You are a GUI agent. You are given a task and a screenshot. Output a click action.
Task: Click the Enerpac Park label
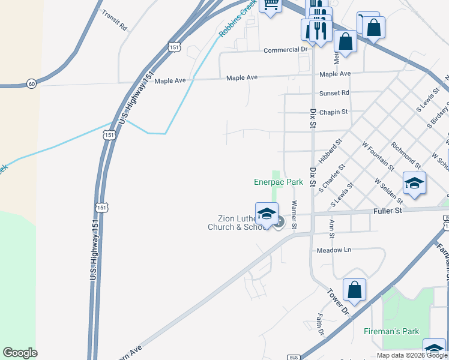(277, 181)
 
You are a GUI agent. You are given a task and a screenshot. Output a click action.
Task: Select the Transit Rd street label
(115, 20)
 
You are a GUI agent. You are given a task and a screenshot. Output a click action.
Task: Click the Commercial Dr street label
(285, 50)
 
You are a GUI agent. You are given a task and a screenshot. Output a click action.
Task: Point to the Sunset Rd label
(334, 93)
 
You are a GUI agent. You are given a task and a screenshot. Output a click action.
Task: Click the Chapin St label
(334, 112)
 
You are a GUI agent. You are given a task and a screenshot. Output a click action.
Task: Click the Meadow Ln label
(333, 250)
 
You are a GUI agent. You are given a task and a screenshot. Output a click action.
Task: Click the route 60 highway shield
(31, 83)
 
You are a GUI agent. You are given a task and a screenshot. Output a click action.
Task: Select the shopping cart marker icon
(271, 5)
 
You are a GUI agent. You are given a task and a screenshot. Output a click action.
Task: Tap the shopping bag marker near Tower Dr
(355, 289)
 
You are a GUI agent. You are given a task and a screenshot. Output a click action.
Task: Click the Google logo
(20, 353)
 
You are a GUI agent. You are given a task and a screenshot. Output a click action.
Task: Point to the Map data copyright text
(412, 355)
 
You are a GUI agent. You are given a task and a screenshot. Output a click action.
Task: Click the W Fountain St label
(378, 156)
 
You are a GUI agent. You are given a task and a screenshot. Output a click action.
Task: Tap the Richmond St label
(405, 154)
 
